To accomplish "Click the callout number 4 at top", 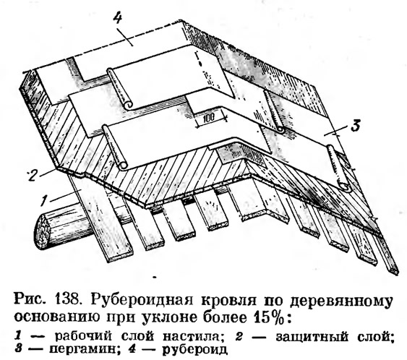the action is [x=117, y=19].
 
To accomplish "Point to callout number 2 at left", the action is [x=33, y=176].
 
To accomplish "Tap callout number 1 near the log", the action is [x=45, y=200].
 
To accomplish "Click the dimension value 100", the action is [x=208, y=118].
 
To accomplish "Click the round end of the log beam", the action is [x=41, y=232].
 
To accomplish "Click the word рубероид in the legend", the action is [x=194, y=349].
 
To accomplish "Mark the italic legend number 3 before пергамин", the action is [x=17, y=348].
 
